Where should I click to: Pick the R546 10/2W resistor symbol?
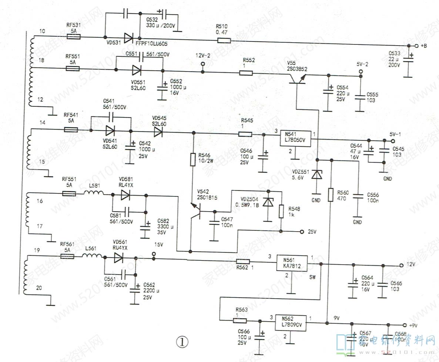pyautogui.click(x=192, y=159)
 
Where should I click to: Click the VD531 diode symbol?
pyautogui.click(x=128, y=37)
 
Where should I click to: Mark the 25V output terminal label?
pyautogui.click(x=312, y=232)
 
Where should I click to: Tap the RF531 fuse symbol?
pyautogui.click(x=73, y=37)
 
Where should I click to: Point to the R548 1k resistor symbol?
pyautogui.click(x=281, y=212)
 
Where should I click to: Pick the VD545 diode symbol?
pyautogui.click(x=159, y=132)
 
